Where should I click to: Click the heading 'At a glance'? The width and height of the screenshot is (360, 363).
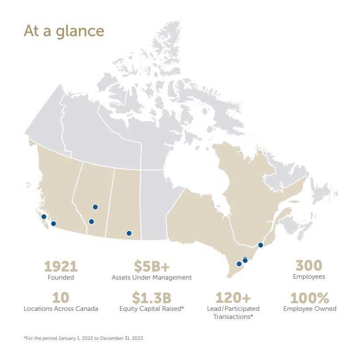coord(64,31)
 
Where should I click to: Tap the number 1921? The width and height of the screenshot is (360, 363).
coord(61,267)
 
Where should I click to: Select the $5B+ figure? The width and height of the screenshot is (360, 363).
coord(151,267)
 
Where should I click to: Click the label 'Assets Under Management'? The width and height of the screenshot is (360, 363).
coord(151,277)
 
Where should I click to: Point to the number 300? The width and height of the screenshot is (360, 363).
coord(309,266)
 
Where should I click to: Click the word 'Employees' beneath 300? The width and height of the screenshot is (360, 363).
coord(309,276)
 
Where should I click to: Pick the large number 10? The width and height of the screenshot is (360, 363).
coord(61,297)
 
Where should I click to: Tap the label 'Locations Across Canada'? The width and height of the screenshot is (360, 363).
coord(61,309)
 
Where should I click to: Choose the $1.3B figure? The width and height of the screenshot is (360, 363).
coord(151,297)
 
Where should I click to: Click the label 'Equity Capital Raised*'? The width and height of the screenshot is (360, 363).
coord(151,309)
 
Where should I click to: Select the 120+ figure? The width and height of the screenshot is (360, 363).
coord(233,297)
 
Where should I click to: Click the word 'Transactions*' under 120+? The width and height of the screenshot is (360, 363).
coord(233,317)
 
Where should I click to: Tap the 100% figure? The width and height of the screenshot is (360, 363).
coord(310,297)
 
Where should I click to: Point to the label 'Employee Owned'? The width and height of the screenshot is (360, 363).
coord(310,309)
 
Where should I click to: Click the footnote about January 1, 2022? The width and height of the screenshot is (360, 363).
coord(83,338)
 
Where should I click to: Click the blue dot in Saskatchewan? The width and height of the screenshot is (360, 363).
coord(129,233)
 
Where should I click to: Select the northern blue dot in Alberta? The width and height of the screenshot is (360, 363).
coord(95,207)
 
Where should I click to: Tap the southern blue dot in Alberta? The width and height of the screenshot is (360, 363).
coord(91,222)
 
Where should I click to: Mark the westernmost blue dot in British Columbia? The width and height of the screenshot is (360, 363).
coord(44,217)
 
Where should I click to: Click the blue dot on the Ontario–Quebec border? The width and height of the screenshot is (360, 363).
coord(261,245)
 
